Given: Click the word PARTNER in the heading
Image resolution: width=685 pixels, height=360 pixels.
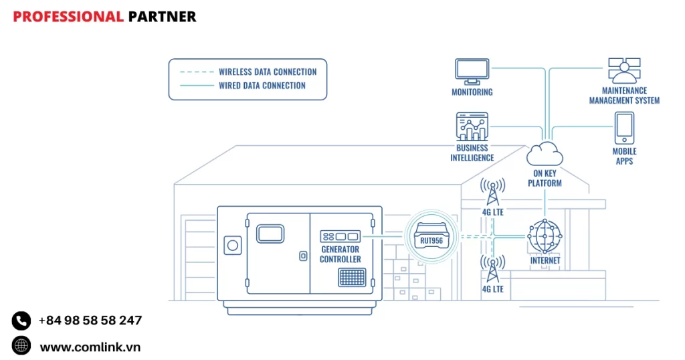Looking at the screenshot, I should pos(162,17).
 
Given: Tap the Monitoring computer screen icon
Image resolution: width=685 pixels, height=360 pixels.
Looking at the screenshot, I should pos(472,70).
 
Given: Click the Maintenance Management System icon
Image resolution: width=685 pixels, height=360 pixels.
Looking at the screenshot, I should pos(624,70).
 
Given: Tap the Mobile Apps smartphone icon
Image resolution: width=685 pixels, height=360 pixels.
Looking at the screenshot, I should pos(624,127).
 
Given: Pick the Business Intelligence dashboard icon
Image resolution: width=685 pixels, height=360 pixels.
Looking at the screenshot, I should pos(472,126).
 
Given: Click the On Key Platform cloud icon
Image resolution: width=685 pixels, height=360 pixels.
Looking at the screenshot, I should pos(544,154).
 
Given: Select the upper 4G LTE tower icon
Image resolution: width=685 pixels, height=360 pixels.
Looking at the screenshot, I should pos(493,192).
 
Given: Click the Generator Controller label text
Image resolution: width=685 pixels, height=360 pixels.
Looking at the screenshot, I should pos(340,254).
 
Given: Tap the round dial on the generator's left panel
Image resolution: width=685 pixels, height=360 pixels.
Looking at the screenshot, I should pos(233,245).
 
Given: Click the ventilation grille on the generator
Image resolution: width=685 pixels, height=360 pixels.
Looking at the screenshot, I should pos(352,277).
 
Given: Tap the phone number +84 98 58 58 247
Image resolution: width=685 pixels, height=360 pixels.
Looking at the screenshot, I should pos(90,321).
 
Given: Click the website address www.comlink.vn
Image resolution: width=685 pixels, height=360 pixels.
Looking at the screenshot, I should pos(90,347).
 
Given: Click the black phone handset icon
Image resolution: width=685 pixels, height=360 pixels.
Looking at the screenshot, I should pos(21,321).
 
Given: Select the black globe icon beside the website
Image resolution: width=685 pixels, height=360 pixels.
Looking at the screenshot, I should pos(21,346).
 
